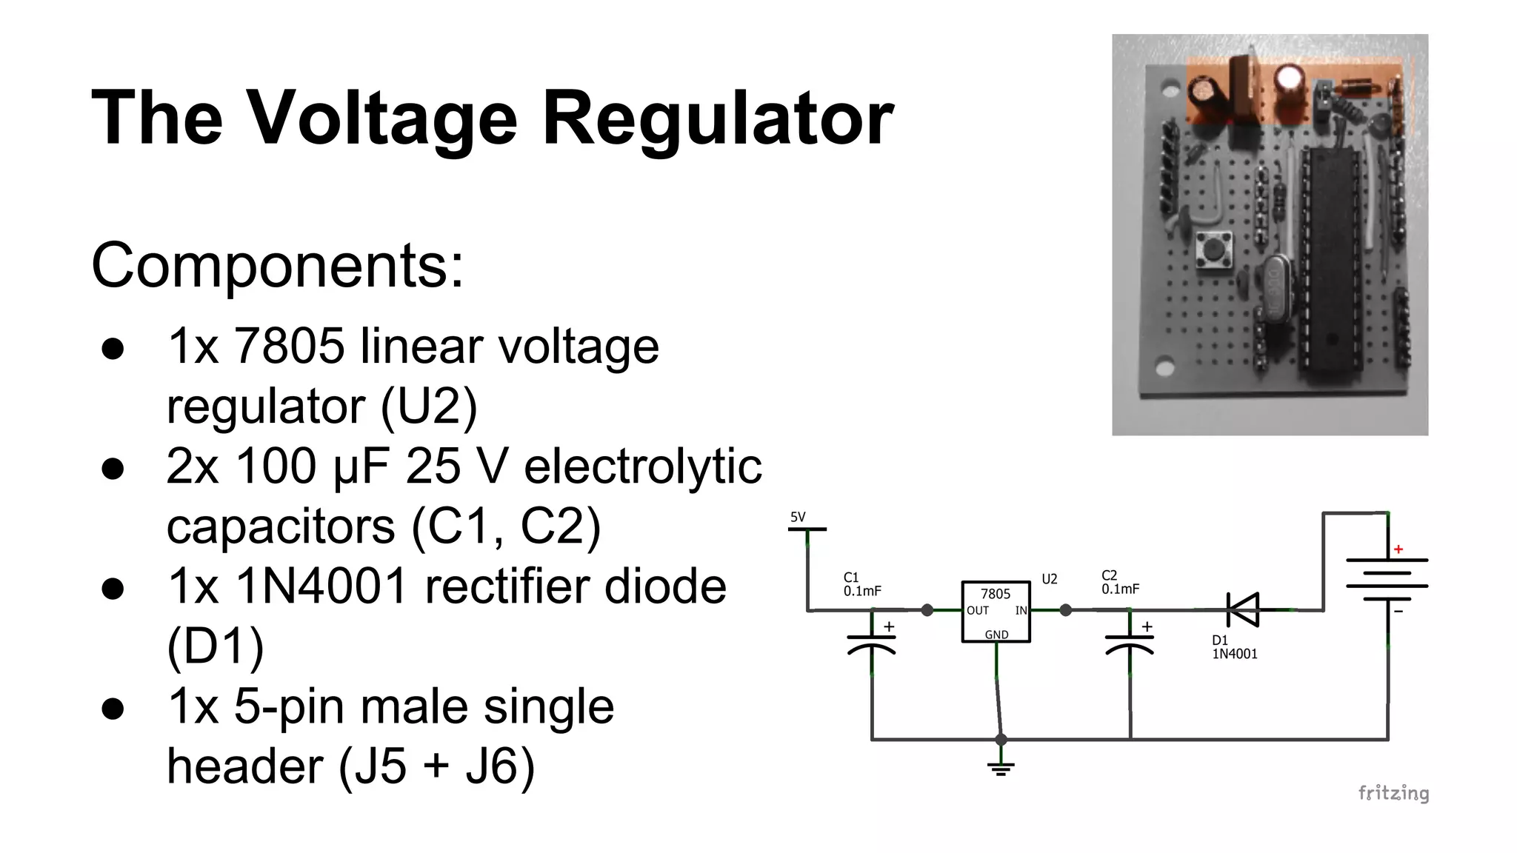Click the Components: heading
tap(277, 265)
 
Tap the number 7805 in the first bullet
tap(289, 346)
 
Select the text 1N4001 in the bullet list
tap(321, 586)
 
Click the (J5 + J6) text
tap(436, 766)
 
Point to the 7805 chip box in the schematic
tap(996, 611)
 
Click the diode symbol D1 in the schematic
tap(1243, 610)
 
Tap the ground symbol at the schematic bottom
tap(1001, 767)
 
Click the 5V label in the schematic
tap(798, 518)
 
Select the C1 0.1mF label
tap(861, 584)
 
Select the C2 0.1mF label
tap(1119, 583)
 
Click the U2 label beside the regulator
tap(1050, 579)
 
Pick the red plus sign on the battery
tap(1398, 549)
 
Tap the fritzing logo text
tap(1393, 793)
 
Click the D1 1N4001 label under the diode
tap(1234, 647)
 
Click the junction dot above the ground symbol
tap(1001, 739)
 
